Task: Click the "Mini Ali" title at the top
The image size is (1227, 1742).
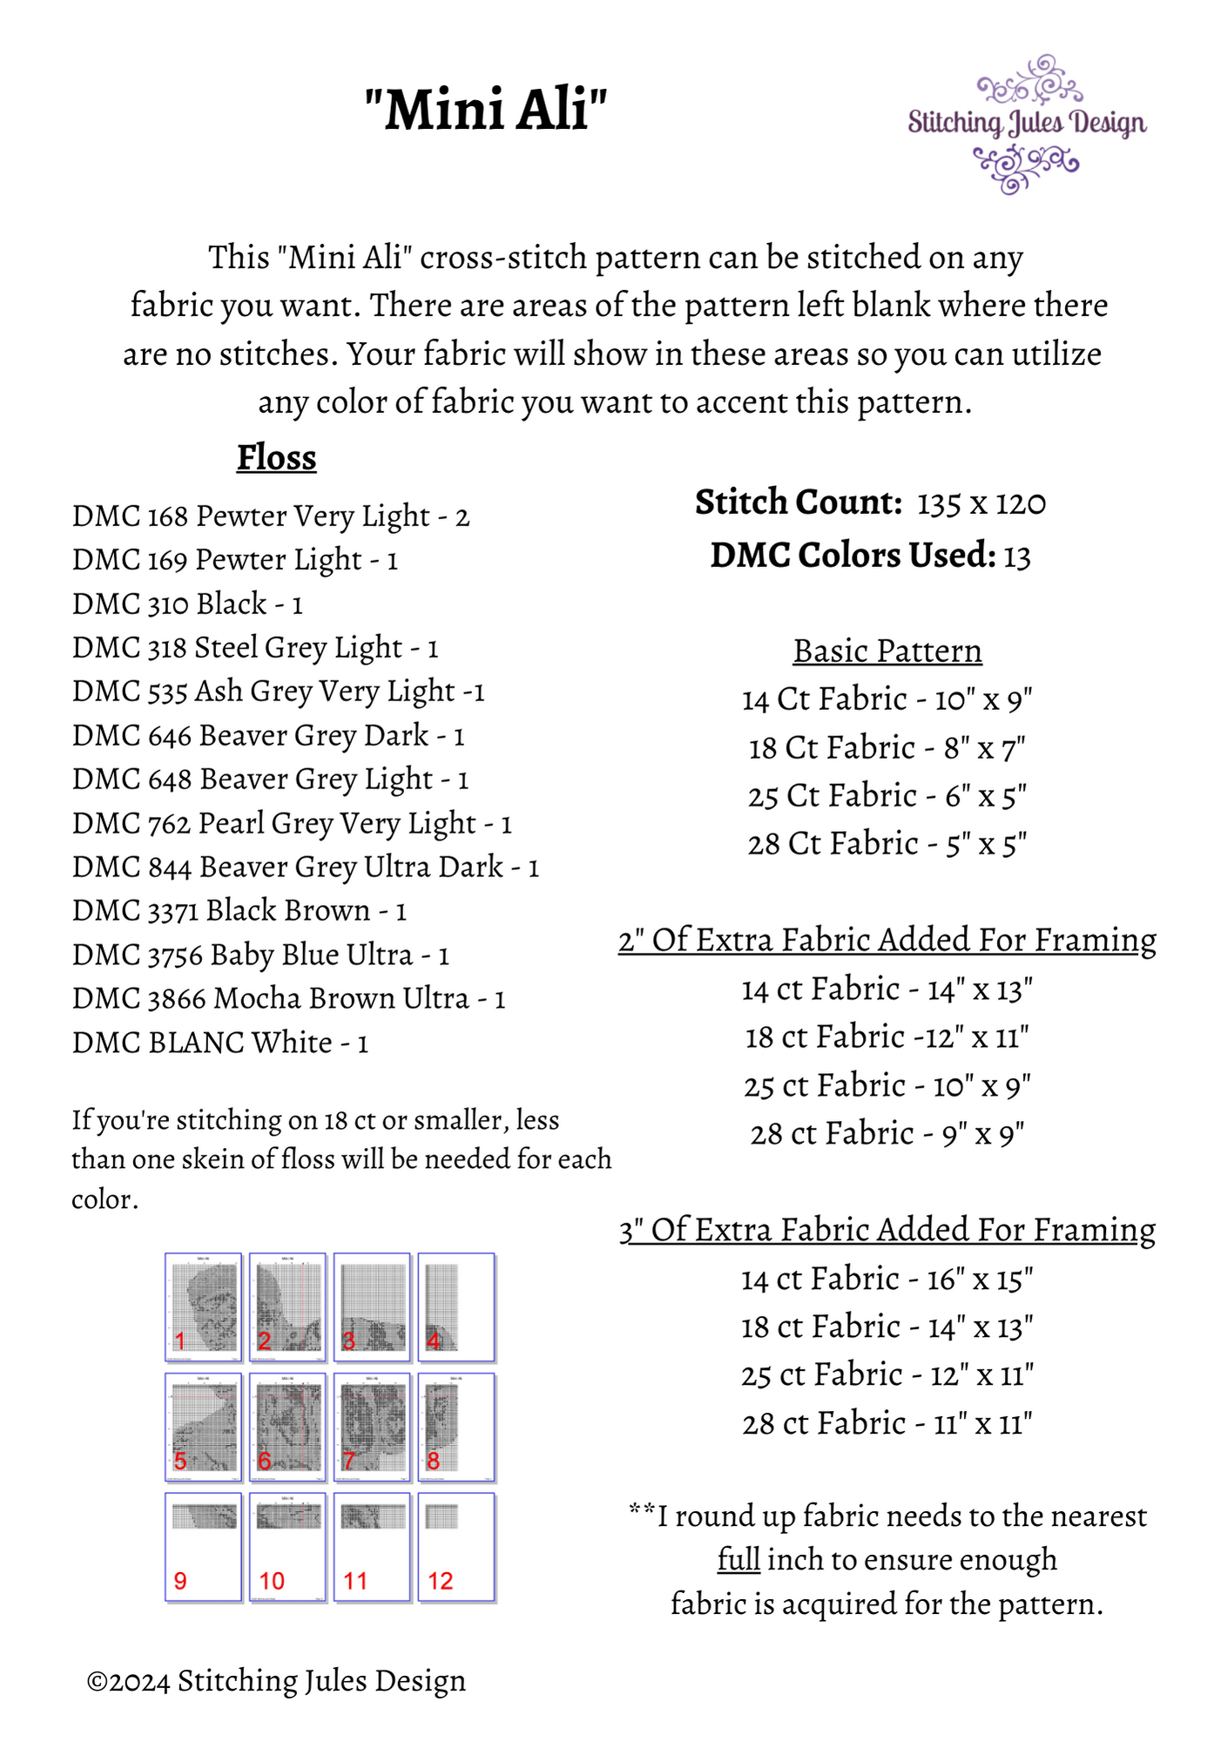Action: pyautogui.click(x=485, y=111)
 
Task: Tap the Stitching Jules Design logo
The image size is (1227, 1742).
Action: pyautogui.click(x=1027, y=124)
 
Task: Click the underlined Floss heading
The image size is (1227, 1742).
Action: pyautogui.click(x=276, y=458)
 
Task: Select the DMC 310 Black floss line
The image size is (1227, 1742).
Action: pyautogui.click(x=187, y=604)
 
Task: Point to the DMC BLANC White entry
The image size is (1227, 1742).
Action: pyautogui.click(x=220, y=1043)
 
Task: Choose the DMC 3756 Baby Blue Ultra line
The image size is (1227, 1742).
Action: pyautogui.click(x=260, y=955)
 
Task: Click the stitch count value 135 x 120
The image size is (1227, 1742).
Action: pyautogui.click(x=981, y=503)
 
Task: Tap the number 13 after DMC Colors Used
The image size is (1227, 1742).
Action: pyautogui.click(x=1016, y=557)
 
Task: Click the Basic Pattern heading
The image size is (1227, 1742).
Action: pyautogui.click(x=887, y=652)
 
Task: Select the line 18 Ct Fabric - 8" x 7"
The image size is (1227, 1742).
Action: pyautogui.click(x=887, y=748)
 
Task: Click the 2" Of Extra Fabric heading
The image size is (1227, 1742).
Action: pyautogui.click(x=887, y=941)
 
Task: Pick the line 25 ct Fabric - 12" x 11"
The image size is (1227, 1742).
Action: pyautogui.click(x=887, y=1375)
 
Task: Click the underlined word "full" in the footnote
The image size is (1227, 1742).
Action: pyautogui.click(x=738, y=1559)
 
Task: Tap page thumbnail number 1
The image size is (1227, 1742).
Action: pyautogui.click(x=203, y=1306)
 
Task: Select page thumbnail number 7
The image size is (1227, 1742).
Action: pyautogui.click(x=372, y=1427)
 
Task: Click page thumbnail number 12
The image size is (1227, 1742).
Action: pyautogui.click(x=456, y=1547)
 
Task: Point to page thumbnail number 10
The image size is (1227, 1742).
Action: pyautogui.click(x=287, y=1547)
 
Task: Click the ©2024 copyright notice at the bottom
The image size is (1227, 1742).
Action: pyautogui.click(x=276, y=1681)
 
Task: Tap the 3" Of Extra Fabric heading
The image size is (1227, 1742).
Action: pyautogui.click(x=887, y=1230)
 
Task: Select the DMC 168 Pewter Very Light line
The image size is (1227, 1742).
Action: pyautogui.click(x=271, y=517)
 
